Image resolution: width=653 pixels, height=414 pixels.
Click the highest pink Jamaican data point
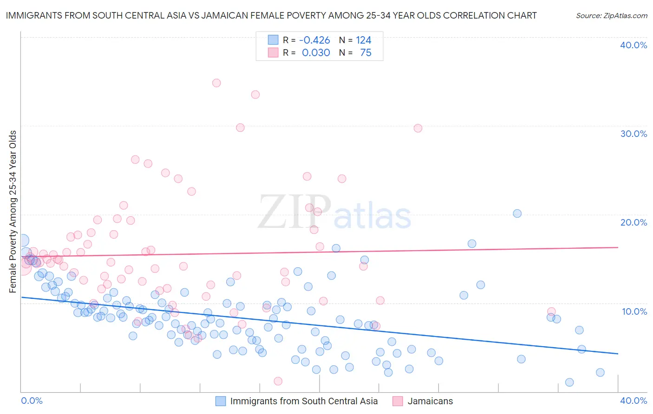[216, 83]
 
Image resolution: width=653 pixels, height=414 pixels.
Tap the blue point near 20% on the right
[517, 213]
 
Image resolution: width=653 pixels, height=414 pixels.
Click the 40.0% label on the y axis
[633, 45]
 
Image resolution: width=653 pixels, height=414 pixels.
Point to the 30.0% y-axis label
[633, 134]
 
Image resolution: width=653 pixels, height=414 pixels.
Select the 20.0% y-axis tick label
[633, 222]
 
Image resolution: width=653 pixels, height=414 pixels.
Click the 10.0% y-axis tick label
[634, 311]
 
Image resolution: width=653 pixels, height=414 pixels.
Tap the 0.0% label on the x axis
[32, 401]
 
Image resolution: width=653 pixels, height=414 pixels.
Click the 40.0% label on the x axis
[633, 401]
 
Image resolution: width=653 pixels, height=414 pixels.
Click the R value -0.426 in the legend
[314, 40]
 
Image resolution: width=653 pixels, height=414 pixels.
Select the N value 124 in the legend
[364, 40]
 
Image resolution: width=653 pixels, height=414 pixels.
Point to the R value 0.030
[316, 53]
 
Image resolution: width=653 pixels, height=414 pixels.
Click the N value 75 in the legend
[366, 53]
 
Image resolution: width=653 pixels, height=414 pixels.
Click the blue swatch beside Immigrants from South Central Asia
[221, 401]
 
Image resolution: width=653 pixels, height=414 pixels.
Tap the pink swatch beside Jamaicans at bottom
[398, 401]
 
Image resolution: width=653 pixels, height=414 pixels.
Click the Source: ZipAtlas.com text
[611, 16]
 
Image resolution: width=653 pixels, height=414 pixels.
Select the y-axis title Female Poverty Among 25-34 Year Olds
[13, 212]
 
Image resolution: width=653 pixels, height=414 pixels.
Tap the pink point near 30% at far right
[418, 128]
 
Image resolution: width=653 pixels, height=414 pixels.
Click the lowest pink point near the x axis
[278, 381]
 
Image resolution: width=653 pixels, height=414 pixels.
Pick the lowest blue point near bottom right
[569, 382]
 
